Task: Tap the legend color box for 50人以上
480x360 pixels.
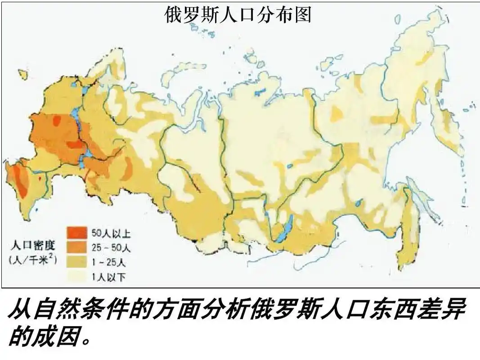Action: click(x=77, y=233)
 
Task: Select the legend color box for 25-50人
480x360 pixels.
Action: click(x=77, y=247)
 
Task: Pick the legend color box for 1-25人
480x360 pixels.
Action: click(x=77, y=262)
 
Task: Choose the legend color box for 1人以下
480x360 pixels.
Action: click(x=77, y=276)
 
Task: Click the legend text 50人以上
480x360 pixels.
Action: click(x=111, y=234)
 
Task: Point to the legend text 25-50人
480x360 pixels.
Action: click(x=111, y=248)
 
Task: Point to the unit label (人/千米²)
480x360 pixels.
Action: click(x=33, y=260)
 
